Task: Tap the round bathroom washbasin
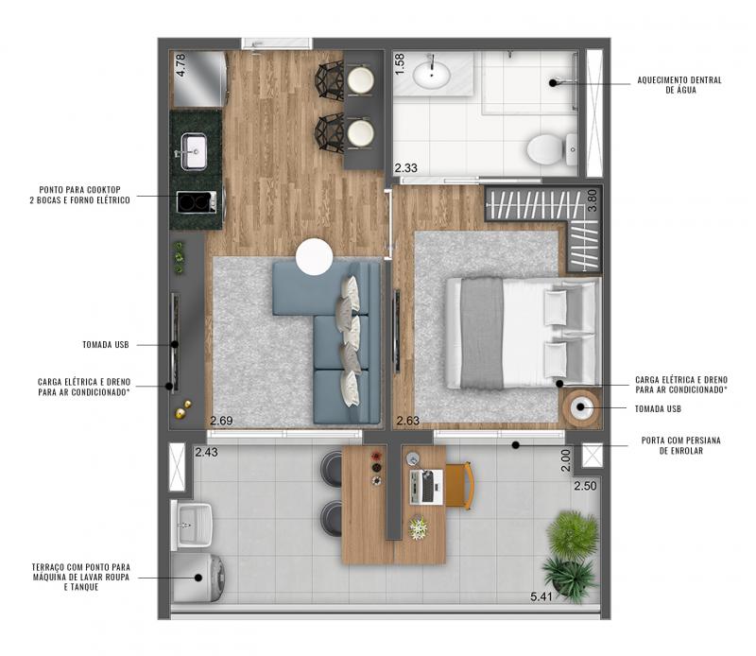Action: [432, 75]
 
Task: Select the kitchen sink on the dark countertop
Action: [194, 151]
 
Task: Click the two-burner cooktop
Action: [196, 201]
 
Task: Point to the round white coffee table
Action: [315, 256]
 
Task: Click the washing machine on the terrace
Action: [198, 578]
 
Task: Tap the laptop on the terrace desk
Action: [426, 486]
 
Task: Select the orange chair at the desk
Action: [460, 486]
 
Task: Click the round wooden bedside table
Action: [581, 407]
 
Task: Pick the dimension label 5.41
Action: [541, 596]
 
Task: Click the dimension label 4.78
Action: [180, 64]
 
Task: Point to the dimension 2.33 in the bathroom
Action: [406, 168]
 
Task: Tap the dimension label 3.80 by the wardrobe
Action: [593, 199]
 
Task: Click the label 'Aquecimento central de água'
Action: [679, 85]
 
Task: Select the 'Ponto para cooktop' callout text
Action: [80, 195]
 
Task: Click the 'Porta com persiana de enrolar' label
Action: [680, 445]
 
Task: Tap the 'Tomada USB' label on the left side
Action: [106, 344]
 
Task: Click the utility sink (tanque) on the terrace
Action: [192, 525]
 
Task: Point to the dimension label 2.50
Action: [585, 486]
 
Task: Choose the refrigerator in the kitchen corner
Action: [199, 79]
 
